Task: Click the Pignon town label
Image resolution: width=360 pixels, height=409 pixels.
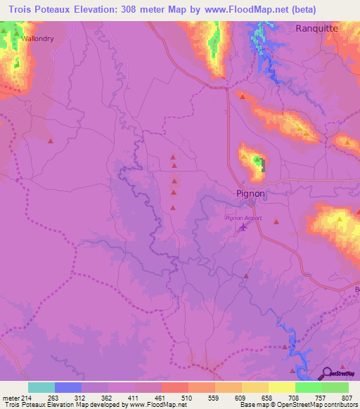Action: (250, 193)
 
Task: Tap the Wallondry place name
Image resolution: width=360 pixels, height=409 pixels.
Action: (37, 39)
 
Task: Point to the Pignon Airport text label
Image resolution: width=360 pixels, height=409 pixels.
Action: (243, 218)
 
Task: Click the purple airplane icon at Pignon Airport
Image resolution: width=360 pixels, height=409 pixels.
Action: (243, 227)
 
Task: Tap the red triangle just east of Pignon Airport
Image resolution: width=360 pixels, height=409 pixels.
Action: (276, 222)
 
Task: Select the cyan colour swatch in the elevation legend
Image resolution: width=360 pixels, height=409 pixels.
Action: (41, 387)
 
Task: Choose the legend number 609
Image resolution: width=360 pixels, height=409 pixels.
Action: (243, 397)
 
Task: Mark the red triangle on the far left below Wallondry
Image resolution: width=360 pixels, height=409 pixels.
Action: (51, 141)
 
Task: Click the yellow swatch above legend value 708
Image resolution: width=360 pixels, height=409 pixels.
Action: (282, 387)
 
